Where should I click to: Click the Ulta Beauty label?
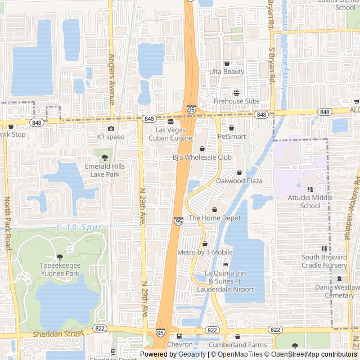(x=227, y=71)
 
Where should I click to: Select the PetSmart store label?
(x=232, y=136)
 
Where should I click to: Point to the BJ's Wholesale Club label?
(x=202, y=157)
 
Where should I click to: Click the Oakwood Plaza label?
(x=240, y=181)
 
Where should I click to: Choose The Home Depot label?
(x=214, y=218)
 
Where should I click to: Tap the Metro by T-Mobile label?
(x=205, y=252)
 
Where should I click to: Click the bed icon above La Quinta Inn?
(x=226, y=264)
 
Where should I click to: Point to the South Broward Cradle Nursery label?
(x=324, y=261)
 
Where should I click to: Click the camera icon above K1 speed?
(x=111, y=128)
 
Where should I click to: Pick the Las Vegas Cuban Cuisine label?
(x=170, y=134)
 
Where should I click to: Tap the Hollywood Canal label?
(x=285, y=62)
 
